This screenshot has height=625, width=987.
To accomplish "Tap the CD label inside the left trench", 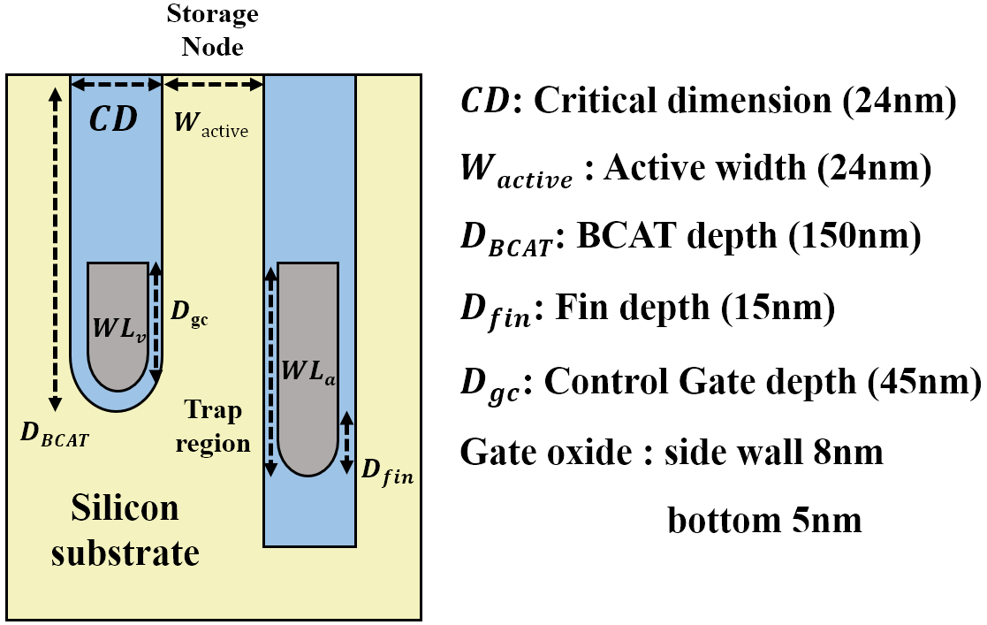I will (115, 119).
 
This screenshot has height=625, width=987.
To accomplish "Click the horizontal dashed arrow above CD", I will (116, 85).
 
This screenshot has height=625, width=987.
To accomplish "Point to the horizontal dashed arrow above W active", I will (214, 85).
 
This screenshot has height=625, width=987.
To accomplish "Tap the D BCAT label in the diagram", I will (54, 435).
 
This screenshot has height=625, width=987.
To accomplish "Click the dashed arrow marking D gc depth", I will (157, 322).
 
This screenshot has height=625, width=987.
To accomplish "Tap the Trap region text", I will (213, 426).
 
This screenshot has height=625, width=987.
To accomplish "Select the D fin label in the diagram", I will (387, 471).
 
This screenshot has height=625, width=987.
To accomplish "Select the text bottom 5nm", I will (764, 521).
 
